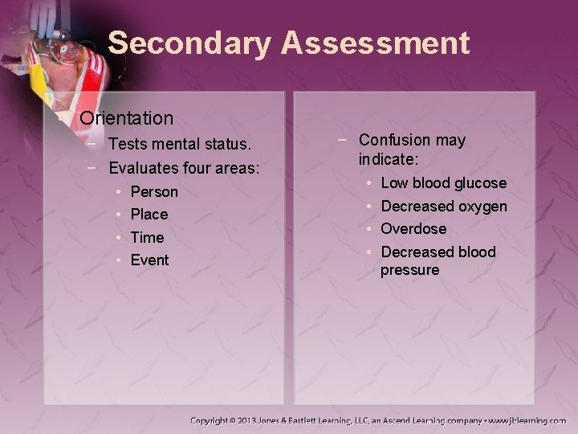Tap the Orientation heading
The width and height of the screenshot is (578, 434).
[x=126, y=118]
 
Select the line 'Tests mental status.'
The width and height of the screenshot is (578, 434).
[x=180, y=145]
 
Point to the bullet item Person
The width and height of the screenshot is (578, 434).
[x=154, y=192]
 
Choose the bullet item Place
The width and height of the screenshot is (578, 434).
[x=149, y=215]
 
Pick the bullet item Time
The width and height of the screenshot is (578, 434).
[x=147, y=237]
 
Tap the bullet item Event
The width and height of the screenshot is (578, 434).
[x=149, y=260]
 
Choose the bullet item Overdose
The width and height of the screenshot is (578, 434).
[x=413, y=229]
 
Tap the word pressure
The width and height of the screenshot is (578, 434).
[x=410, y=270]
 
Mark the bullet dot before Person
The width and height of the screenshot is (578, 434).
[x=118, y=192]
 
